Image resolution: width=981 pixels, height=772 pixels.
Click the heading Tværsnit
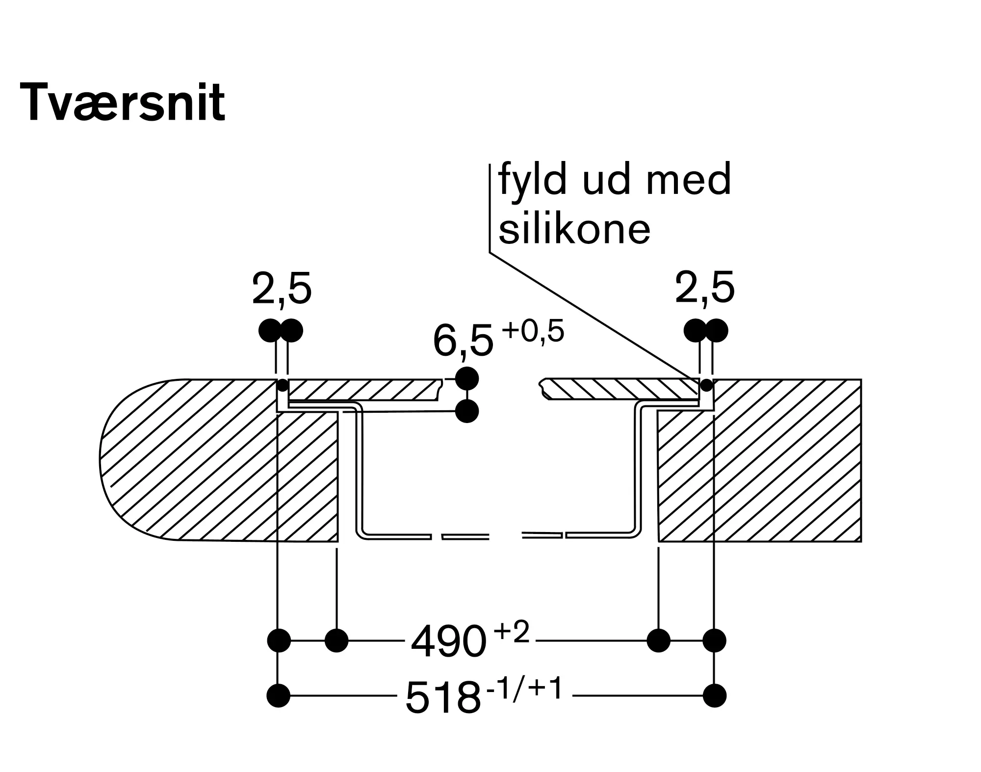123,102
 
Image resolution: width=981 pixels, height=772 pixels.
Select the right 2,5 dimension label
705,288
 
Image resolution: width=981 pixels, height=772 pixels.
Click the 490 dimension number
448,642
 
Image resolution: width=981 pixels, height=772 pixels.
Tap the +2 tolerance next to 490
512,632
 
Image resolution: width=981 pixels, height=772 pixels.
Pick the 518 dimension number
443,698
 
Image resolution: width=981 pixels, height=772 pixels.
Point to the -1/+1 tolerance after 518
524,689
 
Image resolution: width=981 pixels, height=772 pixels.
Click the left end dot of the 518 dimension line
279,695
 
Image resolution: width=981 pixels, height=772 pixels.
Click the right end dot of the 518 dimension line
714,695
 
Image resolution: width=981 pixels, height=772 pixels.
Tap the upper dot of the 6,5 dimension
466,378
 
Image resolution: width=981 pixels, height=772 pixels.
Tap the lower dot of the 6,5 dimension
466,411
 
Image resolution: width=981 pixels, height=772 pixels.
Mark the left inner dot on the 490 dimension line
336,640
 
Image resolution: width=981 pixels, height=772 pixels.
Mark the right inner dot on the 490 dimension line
658,640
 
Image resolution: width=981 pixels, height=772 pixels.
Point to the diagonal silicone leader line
595,316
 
